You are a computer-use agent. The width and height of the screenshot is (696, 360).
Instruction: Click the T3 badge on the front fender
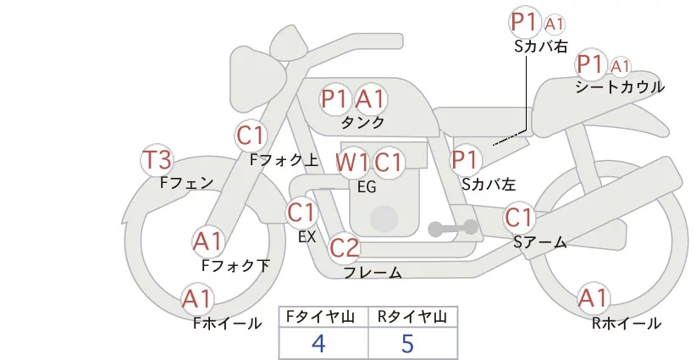tap(157, 160)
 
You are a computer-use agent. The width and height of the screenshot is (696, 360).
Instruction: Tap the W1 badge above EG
tap(351, 162)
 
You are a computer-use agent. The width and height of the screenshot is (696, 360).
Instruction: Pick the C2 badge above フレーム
tap(345, 248)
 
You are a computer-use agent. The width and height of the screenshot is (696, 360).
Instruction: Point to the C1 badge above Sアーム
tap(519, 218)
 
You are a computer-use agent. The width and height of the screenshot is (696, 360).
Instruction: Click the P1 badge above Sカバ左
tap(466, 159)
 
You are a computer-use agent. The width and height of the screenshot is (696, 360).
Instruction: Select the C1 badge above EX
tap(301, 212)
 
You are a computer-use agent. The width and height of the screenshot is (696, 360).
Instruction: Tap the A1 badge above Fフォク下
tap(207, 242)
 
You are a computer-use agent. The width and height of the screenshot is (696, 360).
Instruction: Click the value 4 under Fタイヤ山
tap(319, 343)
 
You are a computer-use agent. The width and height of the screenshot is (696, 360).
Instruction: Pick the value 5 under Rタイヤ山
tap(407, 343)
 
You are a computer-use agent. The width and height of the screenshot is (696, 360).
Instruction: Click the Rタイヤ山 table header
tap(412, 317)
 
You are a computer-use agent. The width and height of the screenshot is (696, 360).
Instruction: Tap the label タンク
tap(362, 122)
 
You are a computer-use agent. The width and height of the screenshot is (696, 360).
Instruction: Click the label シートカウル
tap(620, 87)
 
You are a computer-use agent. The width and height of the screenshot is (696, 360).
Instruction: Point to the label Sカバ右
tap(540, 47)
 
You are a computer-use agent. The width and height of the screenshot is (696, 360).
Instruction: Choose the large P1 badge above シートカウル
tap(589, 64)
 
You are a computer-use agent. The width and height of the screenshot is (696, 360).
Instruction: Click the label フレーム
tap(372, 272)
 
